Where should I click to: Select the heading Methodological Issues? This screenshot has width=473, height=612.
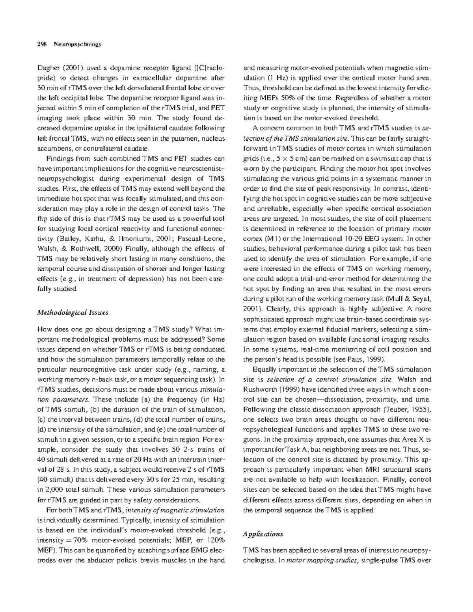point(72,313)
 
